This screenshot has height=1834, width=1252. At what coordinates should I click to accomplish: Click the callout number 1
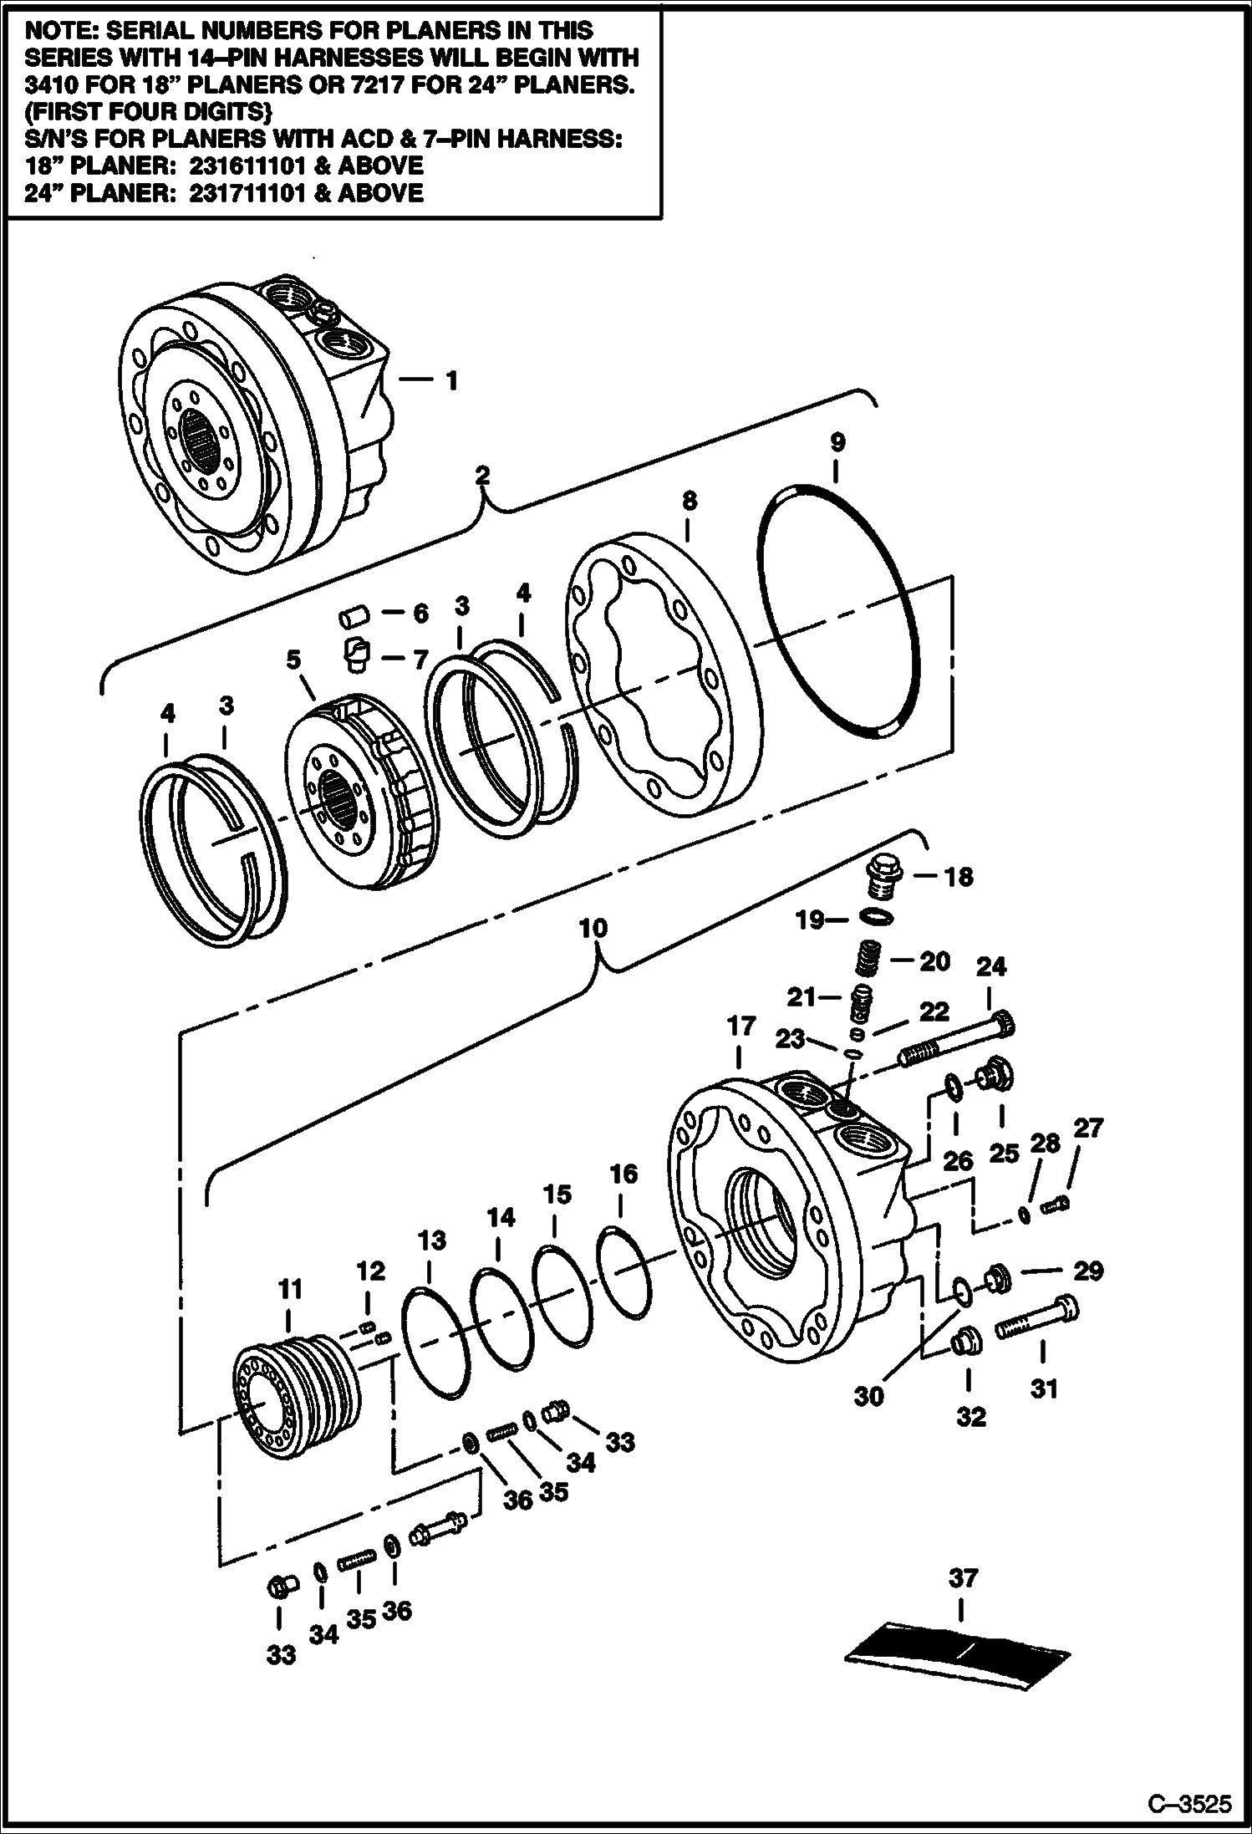tap(452, 381)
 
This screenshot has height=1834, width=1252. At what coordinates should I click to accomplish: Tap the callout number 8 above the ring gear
tap(690, 502)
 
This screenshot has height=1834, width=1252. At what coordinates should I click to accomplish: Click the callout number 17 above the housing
tap(741, 1026)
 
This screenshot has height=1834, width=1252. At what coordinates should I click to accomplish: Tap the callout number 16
tap(623, 1174)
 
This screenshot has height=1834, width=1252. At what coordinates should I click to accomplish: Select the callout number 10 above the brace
tap(593, 929)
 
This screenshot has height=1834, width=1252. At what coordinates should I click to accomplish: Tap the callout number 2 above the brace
tap(482, 475)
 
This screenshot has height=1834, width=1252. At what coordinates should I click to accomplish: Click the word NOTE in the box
tap(62, 30)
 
